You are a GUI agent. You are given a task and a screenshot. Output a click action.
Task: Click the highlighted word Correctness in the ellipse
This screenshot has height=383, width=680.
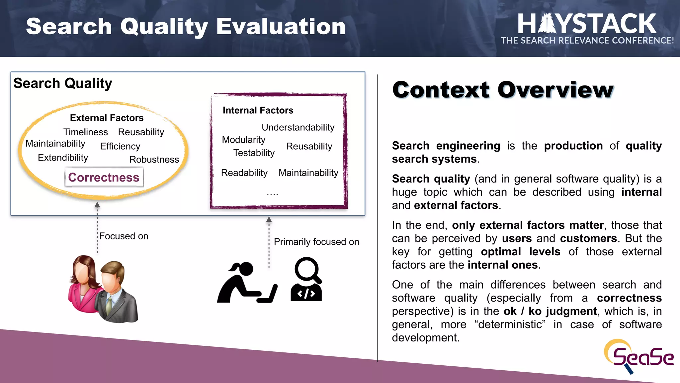click(x=104, y=178)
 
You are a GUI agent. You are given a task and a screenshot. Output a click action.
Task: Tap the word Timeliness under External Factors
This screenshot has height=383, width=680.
click(x=86, y=132)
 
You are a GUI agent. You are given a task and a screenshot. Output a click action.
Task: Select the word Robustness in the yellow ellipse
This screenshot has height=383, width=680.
click(x=154, y=160)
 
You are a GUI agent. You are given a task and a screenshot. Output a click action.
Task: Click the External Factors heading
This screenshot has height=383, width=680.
click(x=107, y=118)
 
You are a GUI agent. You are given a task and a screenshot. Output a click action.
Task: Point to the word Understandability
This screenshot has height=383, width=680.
click(x=298, y=127)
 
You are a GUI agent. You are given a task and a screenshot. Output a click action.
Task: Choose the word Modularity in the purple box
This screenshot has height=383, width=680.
click(x=243, y=140)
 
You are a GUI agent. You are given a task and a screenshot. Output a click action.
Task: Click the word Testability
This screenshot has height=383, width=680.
click(x=254, y=153)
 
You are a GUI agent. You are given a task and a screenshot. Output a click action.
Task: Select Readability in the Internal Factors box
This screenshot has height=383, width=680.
click(x=244, y=173)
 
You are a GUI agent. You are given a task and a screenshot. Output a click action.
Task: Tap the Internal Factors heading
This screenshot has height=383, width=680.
click(x=258, y=110)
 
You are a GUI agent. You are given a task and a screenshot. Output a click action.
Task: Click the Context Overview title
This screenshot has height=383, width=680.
click(x=503, y=90)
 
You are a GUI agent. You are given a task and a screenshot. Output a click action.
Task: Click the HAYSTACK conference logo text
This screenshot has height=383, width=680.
click(x=587, y=24)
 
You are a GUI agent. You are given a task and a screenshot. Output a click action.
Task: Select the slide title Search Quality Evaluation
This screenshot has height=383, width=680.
click(x=186, y=27)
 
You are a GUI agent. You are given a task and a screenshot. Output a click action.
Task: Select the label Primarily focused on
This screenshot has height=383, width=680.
click(x=316, y=242)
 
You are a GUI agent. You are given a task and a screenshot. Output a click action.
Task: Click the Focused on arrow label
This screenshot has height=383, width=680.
click(x=124, y=236)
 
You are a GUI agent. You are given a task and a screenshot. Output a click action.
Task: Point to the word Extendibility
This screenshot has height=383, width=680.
click(x=63, y=158)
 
